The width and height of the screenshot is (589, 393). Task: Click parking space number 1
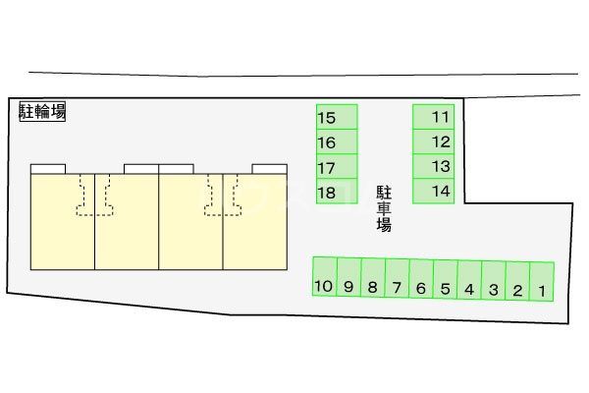point(542,282)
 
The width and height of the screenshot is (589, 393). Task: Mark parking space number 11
point(433,117)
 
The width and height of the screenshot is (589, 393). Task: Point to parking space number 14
point(433,191)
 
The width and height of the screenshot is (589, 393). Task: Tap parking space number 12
point(433,141)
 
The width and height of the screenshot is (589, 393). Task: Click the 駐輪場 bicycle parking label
point(43,111)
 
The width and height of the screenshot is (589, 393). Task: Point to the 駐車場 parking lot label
point(384,208)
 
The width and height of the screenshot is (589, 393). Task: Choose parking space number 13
point(433,166)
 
